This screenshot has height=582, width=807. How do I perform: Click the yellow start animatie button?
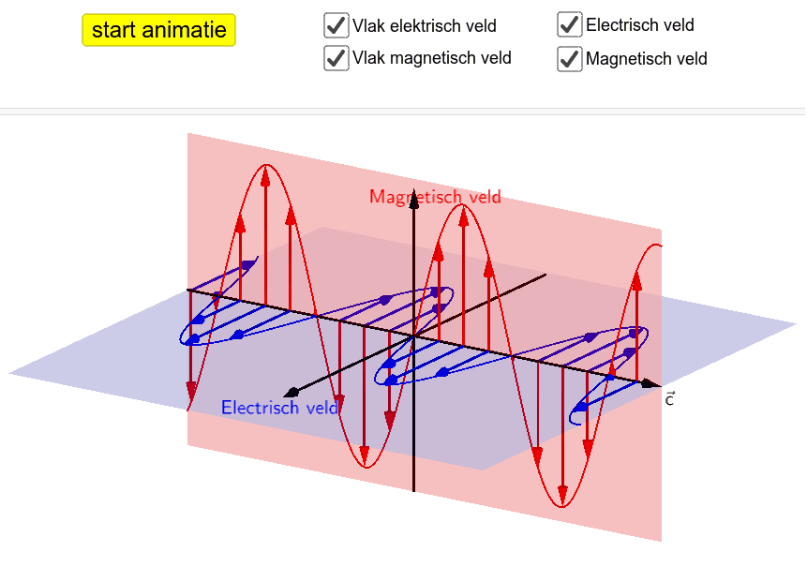(x=158, y=30)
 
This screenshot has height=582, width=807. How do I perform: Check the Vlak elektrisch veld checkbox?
(x=336, y=25)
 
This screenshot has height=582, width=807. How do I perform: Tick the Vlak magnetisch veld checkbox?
(x=336, y=58)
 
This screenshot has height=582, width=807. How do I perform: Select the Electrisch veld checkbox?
(x=569, y=24)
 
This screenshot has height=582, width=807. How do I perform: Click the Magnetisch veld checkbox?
(x=569, y=59)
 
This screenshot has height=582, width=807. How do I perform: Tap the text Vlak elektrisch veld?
(x=425, y=25)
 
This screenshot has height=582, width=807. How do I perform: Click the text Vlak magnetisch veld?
(x=432, y=58)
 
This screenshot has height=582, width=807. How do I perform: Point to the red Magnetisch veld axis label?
(x=436, y=197)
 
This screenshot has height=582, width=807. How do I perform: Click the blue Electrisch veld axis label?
(x=279, y=408)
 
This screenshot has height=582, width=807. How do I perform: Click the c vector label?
(x=669, y=399)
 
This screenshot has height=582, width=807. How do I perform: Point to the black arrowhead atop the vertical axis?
(x=413, y=200)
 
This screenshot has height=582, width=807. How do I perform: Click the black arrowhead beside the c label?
(x=651, y=383)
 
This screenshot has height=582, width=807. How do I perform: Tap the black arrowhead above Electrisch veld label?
(x=291, y=393)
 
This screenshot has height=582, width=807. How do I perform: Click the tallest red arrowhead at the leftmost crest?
(x=265, y=175)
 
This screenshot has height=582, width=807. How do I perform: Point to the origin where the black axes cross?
(x=413, y=336)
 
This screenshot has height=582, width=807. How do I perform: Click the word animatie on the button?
(x=185, y=30)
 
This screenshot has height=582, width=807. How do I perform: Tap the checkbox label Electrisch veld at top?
(x=640, y=24)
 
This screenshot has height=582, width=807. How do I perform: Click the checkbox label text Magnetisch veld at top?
(x=647, y=59)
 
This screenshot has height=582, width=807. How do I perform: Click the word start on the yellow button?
(x=114, y=30)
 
